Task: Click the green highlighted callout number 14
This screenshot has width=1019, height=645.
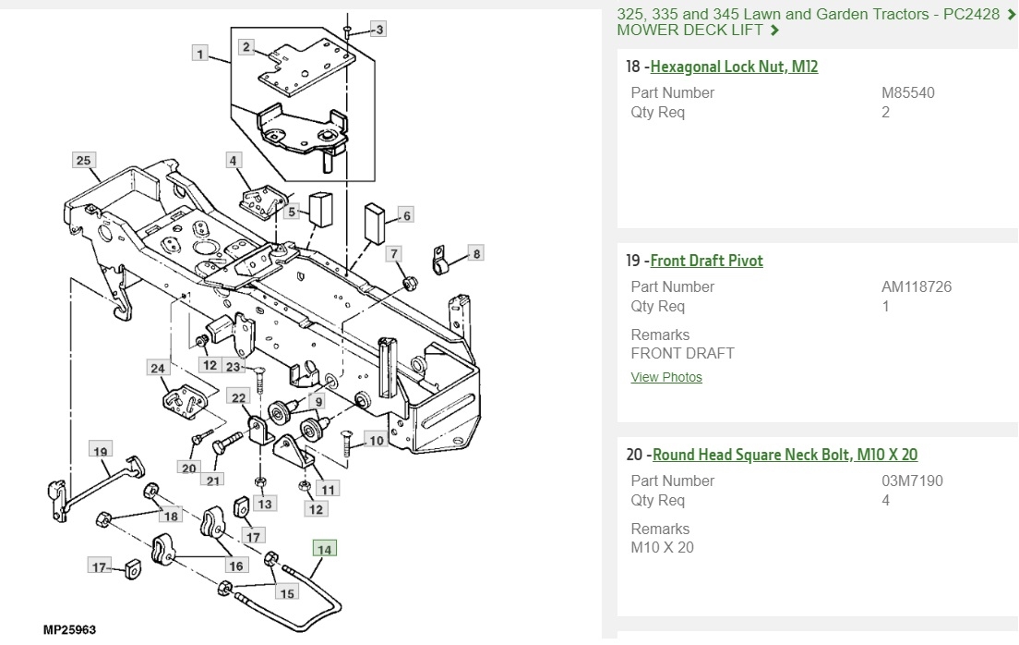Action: pyautogui.click(x=324, y=550)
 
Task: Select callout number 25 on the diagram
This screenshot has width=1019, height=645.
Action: pyautogui.click(x=84, y=161)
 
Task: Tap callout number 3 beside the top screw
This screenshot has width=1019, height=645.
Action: pyautogui.click(x=378, y=30)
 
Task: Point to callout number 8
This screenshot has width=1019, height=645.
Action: pyautogui.click(x=476, y=253)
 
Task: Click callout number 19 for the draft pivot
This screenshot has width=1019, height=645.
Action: pyautogui.click(x=101, y=451)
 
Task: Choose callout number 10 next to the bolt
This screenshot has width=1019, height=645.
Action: pyautogui.click(x=376, y=441)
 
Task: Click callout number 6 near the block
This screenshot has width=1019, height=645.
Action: pyautogui.click(x=405, y=215)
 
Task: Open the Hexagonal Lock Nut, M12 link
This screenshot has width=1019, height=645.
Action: pyautogui.click(x=734, y=67)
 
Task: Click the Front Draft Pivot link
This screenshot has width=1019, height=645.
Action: pyautogui.click(x=706, y=261)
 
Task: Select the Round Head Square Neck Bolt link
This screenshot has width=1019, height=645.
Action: pyautogui.click(x=784, y=455)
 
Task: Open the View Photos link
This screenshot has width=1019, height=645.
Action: pyautogui.click(x=666, y=377)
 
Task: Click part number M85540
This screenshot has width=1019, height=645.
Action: pyautogui.click(x=908, y=92)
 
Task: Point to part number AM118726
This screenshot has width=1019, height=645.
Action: pyautogui.click(x=916, y=286)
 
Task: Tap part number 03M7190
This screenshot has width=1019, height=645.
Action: pyautogui.click(x=912, y=481)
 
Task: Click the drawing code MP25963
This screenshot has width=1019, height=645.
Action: pyautogui.click(x=69, y=630)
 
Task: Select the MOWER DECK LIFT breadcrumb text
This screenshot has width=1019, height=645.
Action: pyautogui.click(x=690, y=30)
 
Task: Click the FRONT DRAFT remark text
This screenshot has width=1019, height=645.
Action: pyautogui.click(x=682, y=353)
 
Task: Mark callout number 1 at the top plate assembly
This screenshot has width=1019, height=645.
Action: pyautogui.click(x=200, y=54)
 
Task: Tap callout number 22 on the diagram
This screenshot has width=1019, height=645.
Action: pyautogui.click(x=239, y=398)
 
